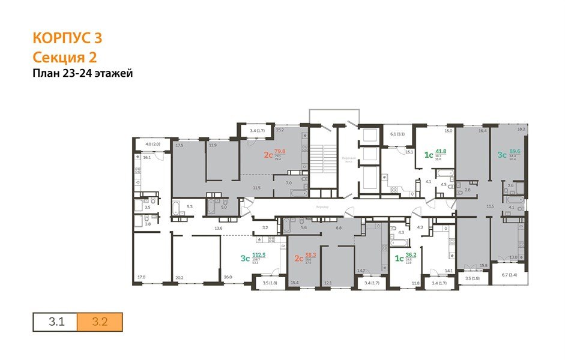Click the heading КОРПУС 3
click(x=67, y=38)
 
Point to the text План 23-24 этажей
click(x=82, y=74)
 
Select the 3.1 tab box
click(x=55, y=322)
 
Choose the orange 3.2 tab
click(x=100, y=322)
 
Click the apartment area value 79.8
click(x=280, y=152)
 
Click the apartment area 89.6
click(x=515, y=152)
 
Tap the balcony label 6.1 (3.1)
click(x=397, y=134)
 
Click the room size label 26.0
click(x=228, y=277)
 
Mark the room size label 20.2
click(x=179, y=277)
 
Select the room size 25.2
click(x=279, y=129)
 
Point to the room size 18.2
click(x=521, y=129)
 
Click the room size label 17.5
click(x=179, y=145)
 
